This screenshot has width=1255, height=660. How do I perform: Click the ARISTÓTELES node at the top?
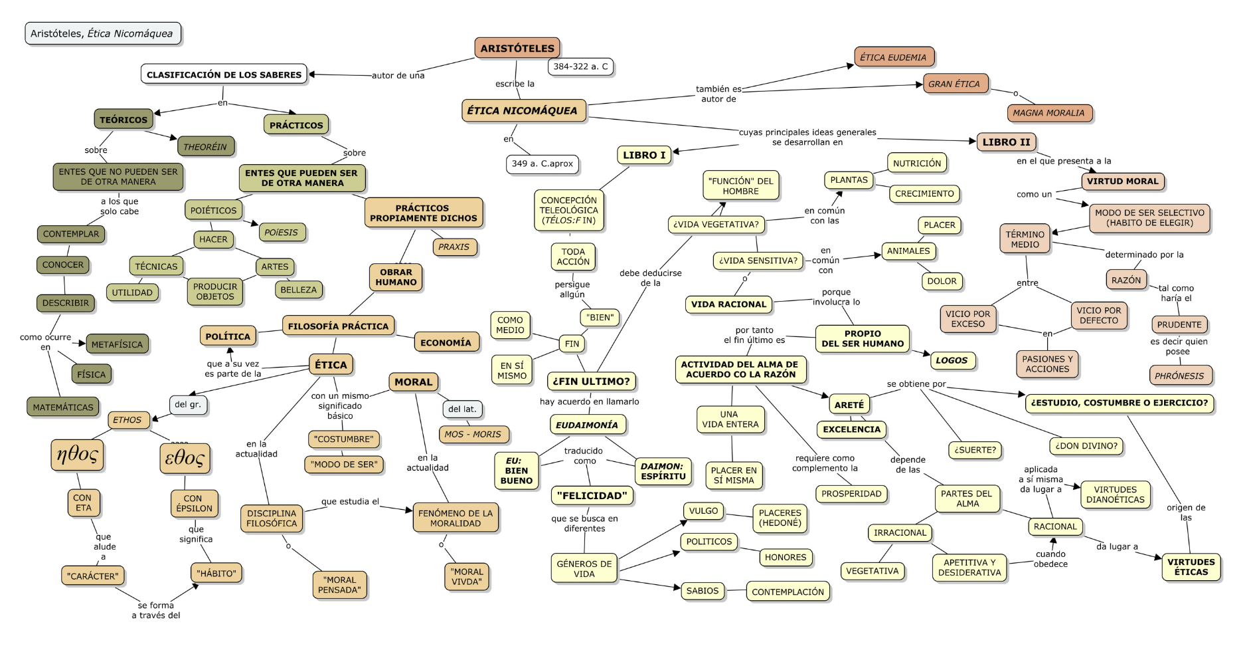click(517, 48)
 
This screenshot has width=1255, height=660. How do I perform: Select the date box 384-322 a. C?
click(580, 66)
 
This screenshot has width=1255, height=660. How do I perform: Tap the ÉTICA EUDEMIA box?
click(893, 57)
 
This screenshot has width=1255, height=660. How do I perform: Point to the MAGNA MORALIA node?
click(1048, 113)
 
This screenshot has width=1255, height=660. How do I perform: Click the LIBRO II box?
click(1006, 142)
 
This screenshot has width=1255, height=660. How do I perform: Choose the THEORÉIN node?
click(205, 147)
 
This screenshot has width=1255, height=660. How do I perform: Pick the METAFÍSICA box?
click(117, 344)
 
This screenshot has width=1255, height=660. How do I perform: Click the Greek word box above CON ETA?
click(77, 455)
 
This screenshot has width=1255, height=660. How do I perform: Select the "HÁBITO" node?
click(216, 573)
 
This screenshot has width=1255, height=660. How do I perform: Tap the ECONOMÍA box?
click(446, 342)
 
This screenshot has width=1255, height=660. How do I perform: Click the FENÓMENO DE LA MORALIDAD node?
click(456, 518)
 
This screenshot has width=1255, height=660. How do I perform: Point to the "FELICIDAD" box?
click(592, 495)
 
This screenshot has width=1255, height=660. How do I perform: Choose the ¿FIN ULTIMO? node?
click(591, 382)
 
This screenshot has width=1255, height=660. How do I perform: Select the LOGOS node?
click(952, 360)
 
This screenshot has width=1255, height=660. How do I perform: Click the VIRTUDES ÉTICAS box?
click(1191, 567)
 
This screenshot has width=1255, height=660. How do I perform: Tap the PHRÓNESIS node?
click(1179, 376)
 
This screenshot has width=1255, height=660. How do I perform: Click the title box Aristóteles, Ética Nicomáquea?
click(102, 33)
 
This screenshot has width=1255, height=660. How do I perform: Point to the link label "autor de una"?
click(398, 75)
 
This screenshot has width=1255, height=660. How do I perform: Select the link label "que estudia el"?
click(350, 502)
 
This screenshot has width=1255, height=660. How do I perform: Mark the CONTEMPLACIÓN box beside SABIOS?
click(788, 592)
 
